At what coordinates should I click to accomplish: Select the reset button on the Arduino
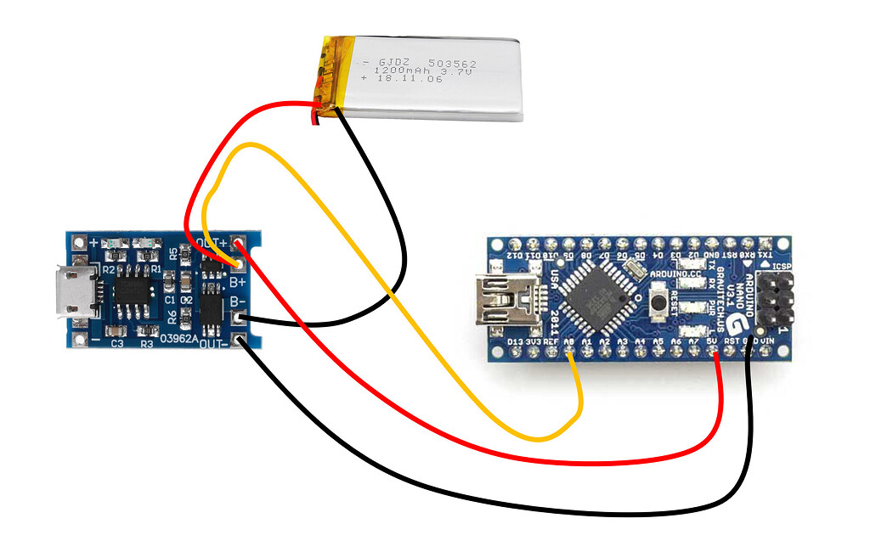[x=658, y=301]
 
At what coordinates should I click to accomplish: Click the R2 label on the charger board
[x=108, y=269]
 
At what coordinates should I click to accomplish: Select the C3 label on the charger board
[x=117, y=343]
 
